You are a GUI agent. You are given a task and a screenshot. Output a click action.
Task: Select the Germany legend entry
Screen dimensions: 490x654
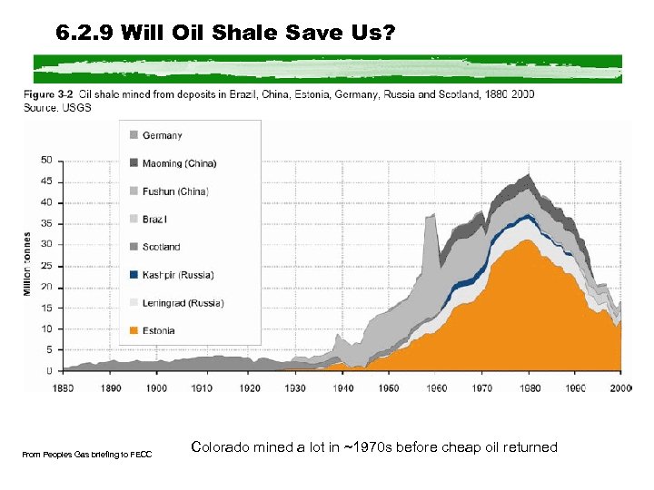[x=162, y=135]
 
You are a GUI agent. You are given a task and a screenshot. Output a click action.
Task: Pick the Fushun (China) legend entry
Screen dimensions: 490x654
[x=175, y=191]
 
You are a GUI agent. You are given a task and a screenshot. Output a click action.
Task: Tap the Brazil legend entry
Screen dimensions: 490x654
[x=154, y=219]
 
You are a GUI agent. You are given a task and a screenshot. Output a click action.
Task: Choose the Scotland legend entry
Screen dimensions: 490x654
[x=161, y=247]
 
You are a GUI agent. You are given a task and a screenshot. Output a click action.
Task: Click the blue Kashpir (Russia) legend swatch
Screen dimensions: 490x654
[x=134, y=275]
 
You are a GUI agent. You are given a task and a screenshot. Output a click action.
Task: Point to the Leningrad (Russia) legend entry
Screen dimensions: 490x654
[x=183, y=303]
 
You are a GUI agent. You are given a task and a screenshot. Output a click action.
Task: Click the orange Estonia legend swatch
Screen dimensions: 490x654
[x=134, y=330]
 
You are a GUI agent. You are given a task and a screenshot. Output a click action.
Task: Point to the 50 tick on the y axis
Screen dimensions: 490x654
[x=46, y=160]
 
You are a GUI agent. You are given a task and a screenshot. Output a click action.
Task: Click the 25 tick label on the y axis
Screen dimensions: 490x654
[x=46, y=265]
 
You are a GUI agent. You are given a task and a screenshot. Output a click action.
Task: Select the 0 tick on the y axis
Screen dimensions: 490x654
[x=49, y=371]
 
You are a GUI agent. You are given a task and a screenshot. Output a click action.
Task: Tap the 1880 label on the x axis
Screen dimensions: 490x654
[x=63, y=387]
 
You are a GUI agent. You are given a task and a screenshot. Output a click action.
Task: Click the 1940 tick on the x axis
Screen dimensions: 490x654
[x=341, y=387]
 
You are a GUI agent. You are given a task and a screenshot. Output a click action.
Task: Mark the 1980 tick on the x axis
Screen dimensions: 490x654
[x=527, y=387]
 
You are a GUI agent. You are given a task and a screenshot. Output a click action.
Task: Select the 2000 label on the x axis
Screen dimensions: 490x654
[x=620, y=387]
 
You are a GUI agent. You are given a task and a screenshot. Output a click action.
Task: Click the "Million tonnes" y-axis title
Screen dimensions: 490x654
[x=28, y=264]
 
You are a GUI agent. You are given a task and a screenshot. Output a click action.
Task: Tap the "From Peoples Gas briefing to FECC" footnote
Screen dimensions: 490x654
[x=87, y=454]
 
